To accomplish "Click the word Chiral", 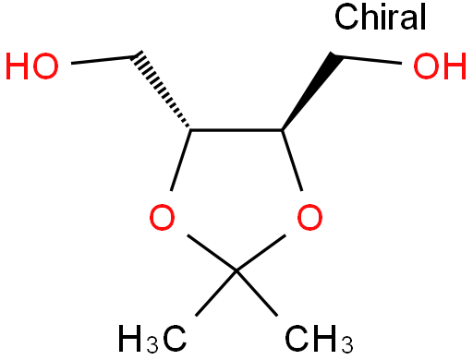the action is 380,17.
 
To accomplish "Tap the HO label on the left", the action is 32,66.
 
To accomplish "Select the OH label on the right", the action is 440,66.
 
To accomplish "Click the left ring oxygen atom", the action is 162,217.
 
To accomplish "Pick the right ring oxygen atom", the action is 309,217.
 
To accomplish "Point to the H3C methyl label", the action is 152,338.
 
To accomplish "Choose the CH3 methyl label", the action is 319,338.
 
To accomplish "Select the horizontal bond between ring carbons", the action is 236,130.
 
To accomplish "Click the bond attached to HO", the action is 103,60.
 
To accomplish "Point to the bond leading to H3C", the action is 216,294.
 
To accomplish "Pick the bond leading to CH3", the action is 257,294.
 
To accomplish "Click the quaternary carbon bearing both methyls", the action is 236,271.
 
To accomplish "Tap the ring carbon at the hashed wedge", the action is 190,130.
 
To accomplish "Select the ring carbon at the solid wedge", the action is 282,130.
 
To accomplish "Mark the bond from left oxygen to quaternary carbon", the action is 212,253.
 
